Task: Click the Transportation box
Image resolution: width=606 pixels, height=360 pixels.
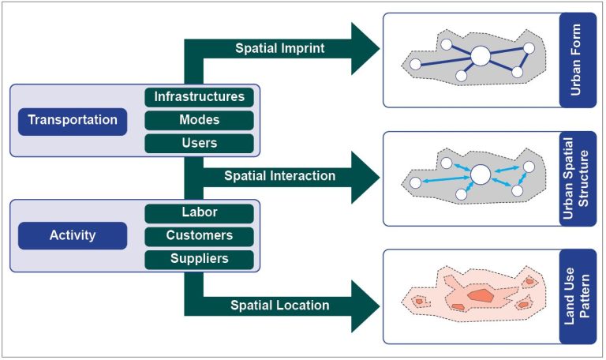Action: pos(73,120)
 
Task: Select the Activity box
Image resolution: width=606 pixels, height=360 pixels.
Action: pos(73,234)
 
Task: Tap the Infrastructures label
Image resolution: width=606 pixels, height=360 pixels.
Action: pos(199,97)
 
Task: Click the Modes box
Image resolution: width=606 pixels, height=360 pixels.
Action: pos(199,120)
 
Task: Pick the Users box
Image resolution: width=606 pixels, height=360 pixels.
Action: pos(199,143)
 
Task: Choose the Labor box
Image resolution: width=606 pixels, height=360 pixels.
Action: pos(199,212)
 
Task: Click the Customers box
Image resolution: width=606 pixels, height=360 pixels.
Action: pos(199,235)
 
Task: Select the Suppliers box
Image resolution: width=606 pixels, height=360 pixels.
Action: pos(199,258)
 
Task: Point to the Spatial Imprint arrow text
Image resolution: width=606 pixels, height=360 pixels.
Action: pos(279,47)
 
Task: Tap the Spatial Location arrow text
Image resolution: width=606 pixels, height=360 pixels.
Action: pos(280,305)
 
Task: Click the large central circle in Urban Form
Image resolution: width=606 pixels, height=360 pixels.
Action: pos(480,56)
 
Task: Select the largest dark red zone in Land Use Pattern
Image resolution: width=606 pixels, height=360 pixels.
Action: pos(478,294)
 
